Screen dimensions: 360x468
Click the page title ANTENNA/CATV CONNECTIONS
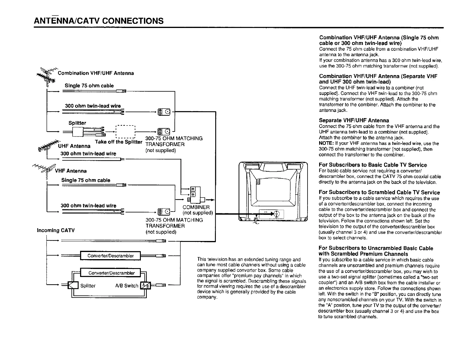[99, 21]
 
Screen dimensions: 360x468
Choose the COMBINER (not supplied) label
[197, 210]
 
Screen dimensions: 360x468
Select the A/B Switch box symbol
[146, 285]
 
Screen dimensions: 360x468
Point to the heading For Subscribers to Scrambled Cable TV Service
[379, 192]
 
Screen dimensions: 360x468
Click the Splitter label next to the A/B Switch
[88, 286]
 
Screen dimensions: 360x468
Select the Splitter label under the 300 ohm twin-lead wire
[77, 123]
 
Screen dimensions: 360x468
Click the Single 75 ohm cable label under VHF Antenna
[85, 180]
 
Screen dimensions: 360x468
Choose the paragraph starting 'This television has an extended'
[251, 278]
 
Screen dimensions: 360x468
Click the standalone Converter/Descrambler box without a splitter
[110, 256]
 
